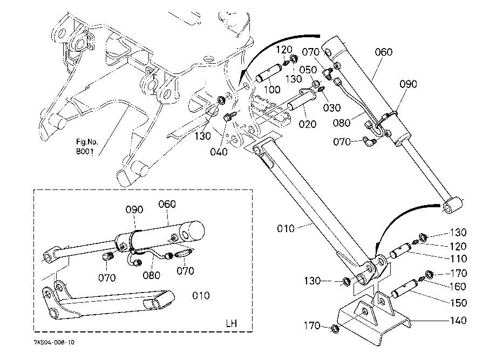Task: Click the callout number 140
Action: tap(458, 321)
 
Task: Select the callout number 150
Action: tap(458, 303)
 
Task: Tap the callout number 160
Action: tap(458, 287)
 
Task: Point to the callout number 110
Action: tap(458, 260)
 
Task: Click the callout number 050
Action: tap(309, 71)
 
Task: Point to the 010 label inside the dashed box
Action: tap(201, 295)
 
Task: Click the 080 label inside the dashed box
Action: tap(151, 275)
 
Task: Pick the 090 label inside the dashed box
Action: tap(134, 209)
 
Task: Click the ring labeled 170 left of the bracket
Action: tap(334, 329)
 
